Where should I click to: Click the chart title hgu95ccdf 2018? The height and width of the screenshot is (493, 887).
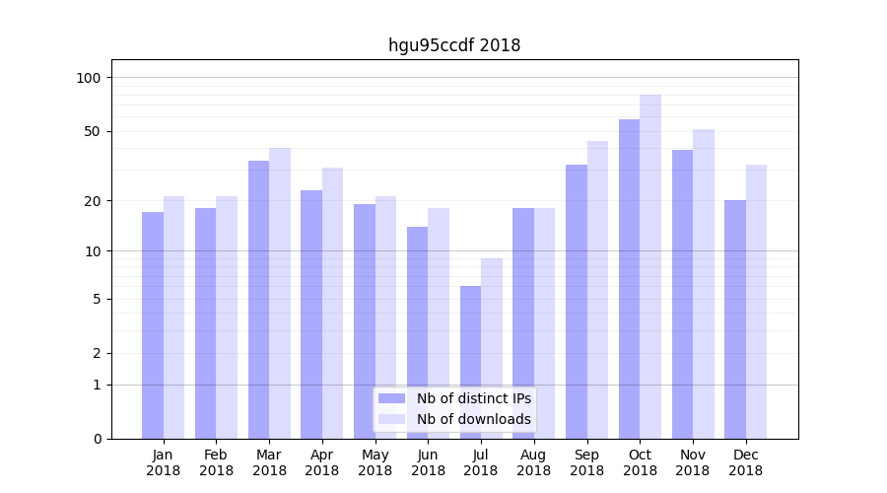tap(453, 45)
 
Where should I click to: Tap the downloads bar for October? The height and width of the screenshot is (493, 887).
tap(650, 266)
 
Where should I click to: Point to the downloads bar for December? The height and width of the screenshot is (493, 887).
tap(756, 302)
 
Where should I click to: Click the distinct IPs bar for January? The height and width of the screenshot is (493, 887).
tap(153, 325)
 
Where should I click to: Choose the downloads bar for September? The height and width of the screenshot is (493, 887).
tap(597, 290)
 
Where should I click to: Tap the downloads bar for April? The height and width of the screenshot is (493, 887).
tap(332, 303)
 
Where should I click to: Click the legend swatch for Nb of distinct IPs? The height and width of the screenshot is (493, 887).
tap(391, 398)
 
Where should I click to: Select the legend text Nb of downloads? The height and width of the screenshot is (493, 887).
tap(473, 419)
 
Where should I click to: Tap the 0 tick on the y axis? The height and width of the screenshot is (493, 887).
tap(98, 439)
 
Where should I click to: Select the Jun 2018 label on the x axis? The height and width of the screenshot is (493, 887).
tap(428, 462)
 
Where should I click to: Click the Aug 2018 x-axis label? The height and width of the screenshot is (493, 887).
tap(533, 462)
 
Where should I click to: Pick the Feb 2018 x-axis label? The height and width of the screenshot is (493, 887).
tap(216, 462)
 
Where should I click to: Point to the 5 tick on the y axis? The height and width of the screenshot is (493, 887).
tap(98, 299)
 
